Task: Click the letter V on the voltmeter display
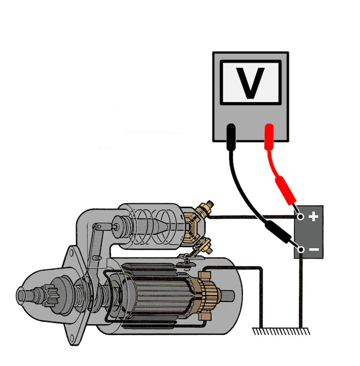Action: (x=250, y=82)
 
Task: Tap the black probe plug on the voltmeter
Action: (x=231, y=137)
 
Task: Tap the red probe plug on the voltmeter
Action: (x=269, y=137)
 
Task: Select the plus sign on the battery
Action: (x=313, y=216)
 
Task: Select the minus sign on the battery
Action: (x=314, y=250)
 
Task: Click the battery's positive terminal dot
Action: (x=301, y=217)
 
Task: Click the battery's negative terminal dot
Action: (x=301, y=250)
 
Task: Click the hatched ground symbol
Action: (x=281, y=331)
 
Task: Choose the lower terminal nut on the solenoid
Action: (x=206, y=248)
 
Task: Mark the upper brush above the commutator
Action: (x=204, y=275)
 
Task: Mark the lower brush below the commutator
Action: (x=204, y=316)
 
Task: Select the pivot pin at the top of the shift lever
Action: (x=99, y=226)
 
